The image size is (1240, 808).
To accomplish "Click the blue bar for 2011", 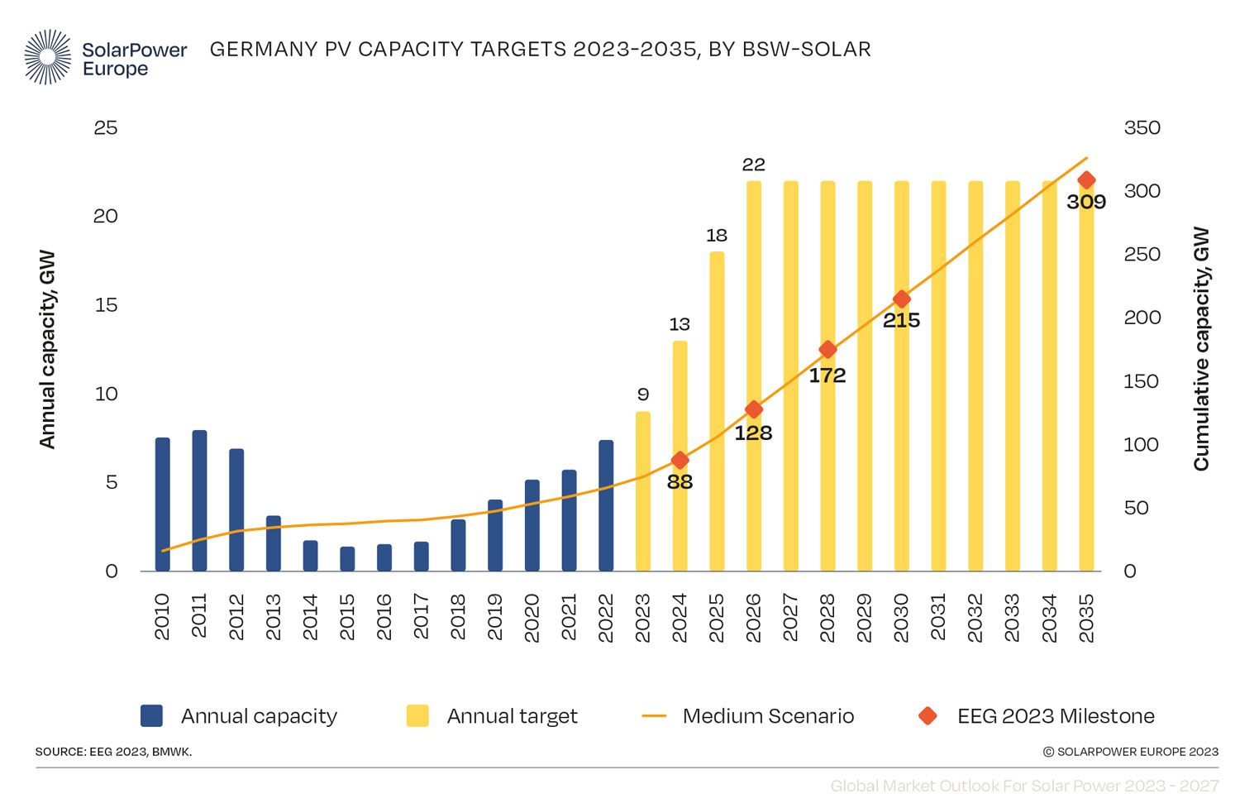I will pos(199,500).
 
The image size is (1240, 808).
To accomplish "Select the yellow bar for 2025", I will pos(717,414).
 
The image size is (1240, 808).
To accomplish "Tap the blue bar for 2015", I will pos(347,559).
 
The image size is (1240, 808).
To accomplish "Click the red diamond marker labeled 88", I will pos(680,460).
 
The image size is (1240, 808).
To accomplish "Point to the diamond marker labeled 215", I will pos(901,299).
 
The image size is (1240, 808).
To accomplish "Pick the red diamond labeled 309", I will pos(1086,180).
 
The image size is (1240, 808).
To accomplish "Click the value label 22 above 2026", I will pos(753,165).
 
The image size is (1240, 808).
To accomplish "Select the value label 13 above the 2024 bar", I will pos(680,324).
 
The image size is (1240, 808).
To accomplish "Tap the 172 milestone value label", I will pos(827,375).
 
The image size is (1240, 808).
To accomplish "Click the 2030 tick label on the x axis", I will pos(901,617).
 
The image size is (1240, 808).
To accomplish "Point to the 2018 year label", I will pos(458,617).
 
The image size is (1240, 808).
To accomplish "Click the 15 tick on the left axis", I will pos(106,305).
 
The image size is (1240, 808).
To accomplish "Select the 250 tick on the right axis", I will pos(1142,255).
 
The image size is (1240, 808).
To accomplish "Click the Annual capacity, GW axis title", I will pos(47,349).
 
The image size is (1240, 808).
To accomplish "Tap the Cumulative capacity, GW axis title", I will pos(1200,349).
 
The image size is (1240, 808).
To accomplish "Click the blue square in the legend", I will pos(151,715).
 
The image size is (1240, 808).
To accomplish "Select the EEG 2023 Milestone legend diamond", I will pos(928,715).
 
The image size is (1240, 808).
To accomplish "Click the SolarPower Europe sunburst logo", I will pos(48,57).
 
